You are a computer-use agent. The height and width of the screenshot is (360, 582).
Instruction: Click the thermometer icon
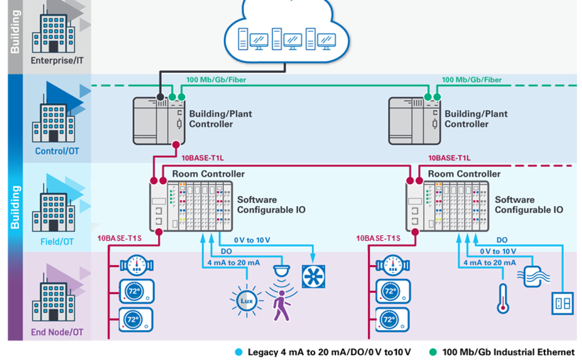click(x=502, y=298)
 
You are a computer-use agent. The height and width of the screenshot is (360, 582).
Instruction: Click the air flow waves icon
click(x=533, y=276)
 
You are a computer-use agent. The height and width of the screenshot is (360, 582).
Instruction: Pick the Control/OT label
click(x=56, y=151)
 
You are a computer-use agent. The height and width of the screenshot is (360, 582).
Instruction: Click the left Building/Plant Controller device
click(x=159, y=120)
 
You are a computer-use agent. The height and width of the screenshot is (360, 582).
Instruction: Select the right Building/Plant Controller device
click(x=414, y=120)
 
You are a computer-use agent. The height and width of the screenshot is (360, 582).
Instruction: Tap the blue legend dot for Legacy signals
click(x=239, y=352)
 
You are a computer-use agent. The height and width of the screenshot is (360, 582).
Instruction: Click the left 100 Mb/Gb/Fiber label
click(x=216, y=80)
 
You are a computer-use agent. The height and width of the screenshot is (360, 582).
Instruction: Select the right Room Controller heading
click(x=464, y=174)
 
